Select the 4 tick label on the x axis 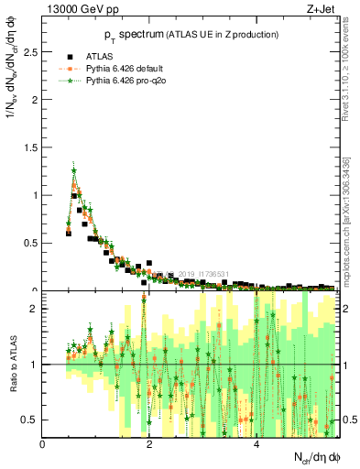(256, 444)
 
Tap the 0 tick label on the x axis (43, 444)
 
